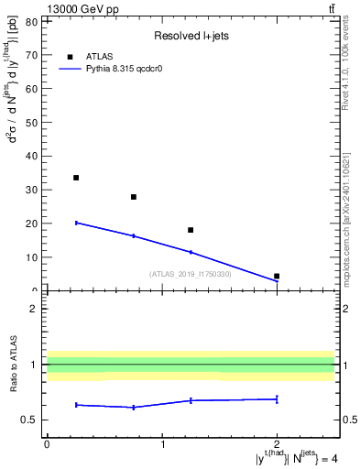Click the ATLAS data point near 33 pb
(76, 178)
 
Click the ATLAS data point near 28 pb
(134, 197)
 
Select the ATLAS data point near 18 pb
(191, 230)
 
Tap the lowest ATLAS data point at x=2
(277, 276)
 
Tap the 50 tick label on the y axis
(33, 122)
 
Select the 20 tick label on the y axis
(33, 224)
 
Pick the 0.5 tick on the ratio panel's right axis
(348, 420)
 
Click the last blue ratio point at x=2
(277, 398)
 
